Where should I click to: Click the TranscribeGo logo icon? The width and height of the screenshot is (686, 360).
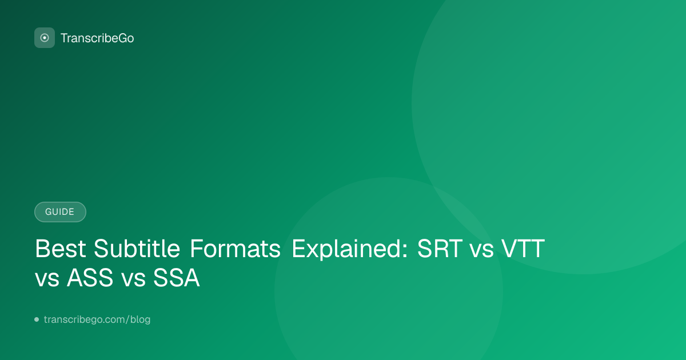tap(45, 38)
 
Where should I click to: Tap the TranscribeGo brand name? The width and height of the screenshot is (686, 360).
tap(97, 38)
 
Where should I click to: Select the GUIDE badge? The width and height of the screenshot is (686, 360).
tap(60, 212)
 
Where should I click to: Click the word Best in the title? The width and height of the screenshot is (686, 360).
tap(61, 249)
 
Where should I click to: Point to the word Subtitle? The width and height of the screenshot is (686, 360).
tap(137, 248)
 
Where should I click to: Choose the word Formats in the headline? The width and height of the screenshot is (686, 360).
tap(235, 249)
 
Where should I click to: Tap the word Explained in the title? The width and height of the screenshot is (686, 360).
tap(346, 249)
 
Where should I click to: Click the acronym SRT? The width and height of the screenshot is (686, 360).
tap(440, 249)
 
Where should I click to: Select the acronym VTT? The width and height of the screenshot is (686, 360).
tap(523, 249)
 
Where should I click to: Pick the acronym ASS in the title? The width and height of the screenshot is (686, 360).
tap(90, 278)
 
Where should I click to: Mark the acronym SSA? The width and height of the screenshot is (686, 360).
tap(177, 278)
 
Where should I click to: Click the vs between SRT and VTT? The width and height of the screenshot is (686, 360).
tap(482, 251)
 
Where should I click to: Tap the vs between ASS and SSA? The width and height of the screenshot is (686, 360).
tap(133, 281)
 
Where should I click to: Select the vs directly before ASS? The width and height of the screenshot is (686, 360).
tap(47, 281)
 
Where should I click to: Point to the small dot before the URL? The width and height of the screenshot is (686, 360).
tap(37, 319)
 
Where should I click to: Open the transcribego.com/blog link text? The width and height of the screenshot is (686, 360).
tap(97, 319)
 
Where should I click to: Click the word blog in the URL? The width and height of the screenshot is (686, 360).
tap(140, 319)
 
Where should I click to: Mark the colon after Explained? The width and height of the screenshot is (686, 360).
tap(405, 251)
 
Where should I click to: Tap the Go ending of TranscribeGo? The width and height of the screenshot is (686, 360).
tap(126, 38)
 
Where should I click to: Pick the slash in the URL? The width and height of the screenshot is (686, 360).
tap(127, 319)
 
